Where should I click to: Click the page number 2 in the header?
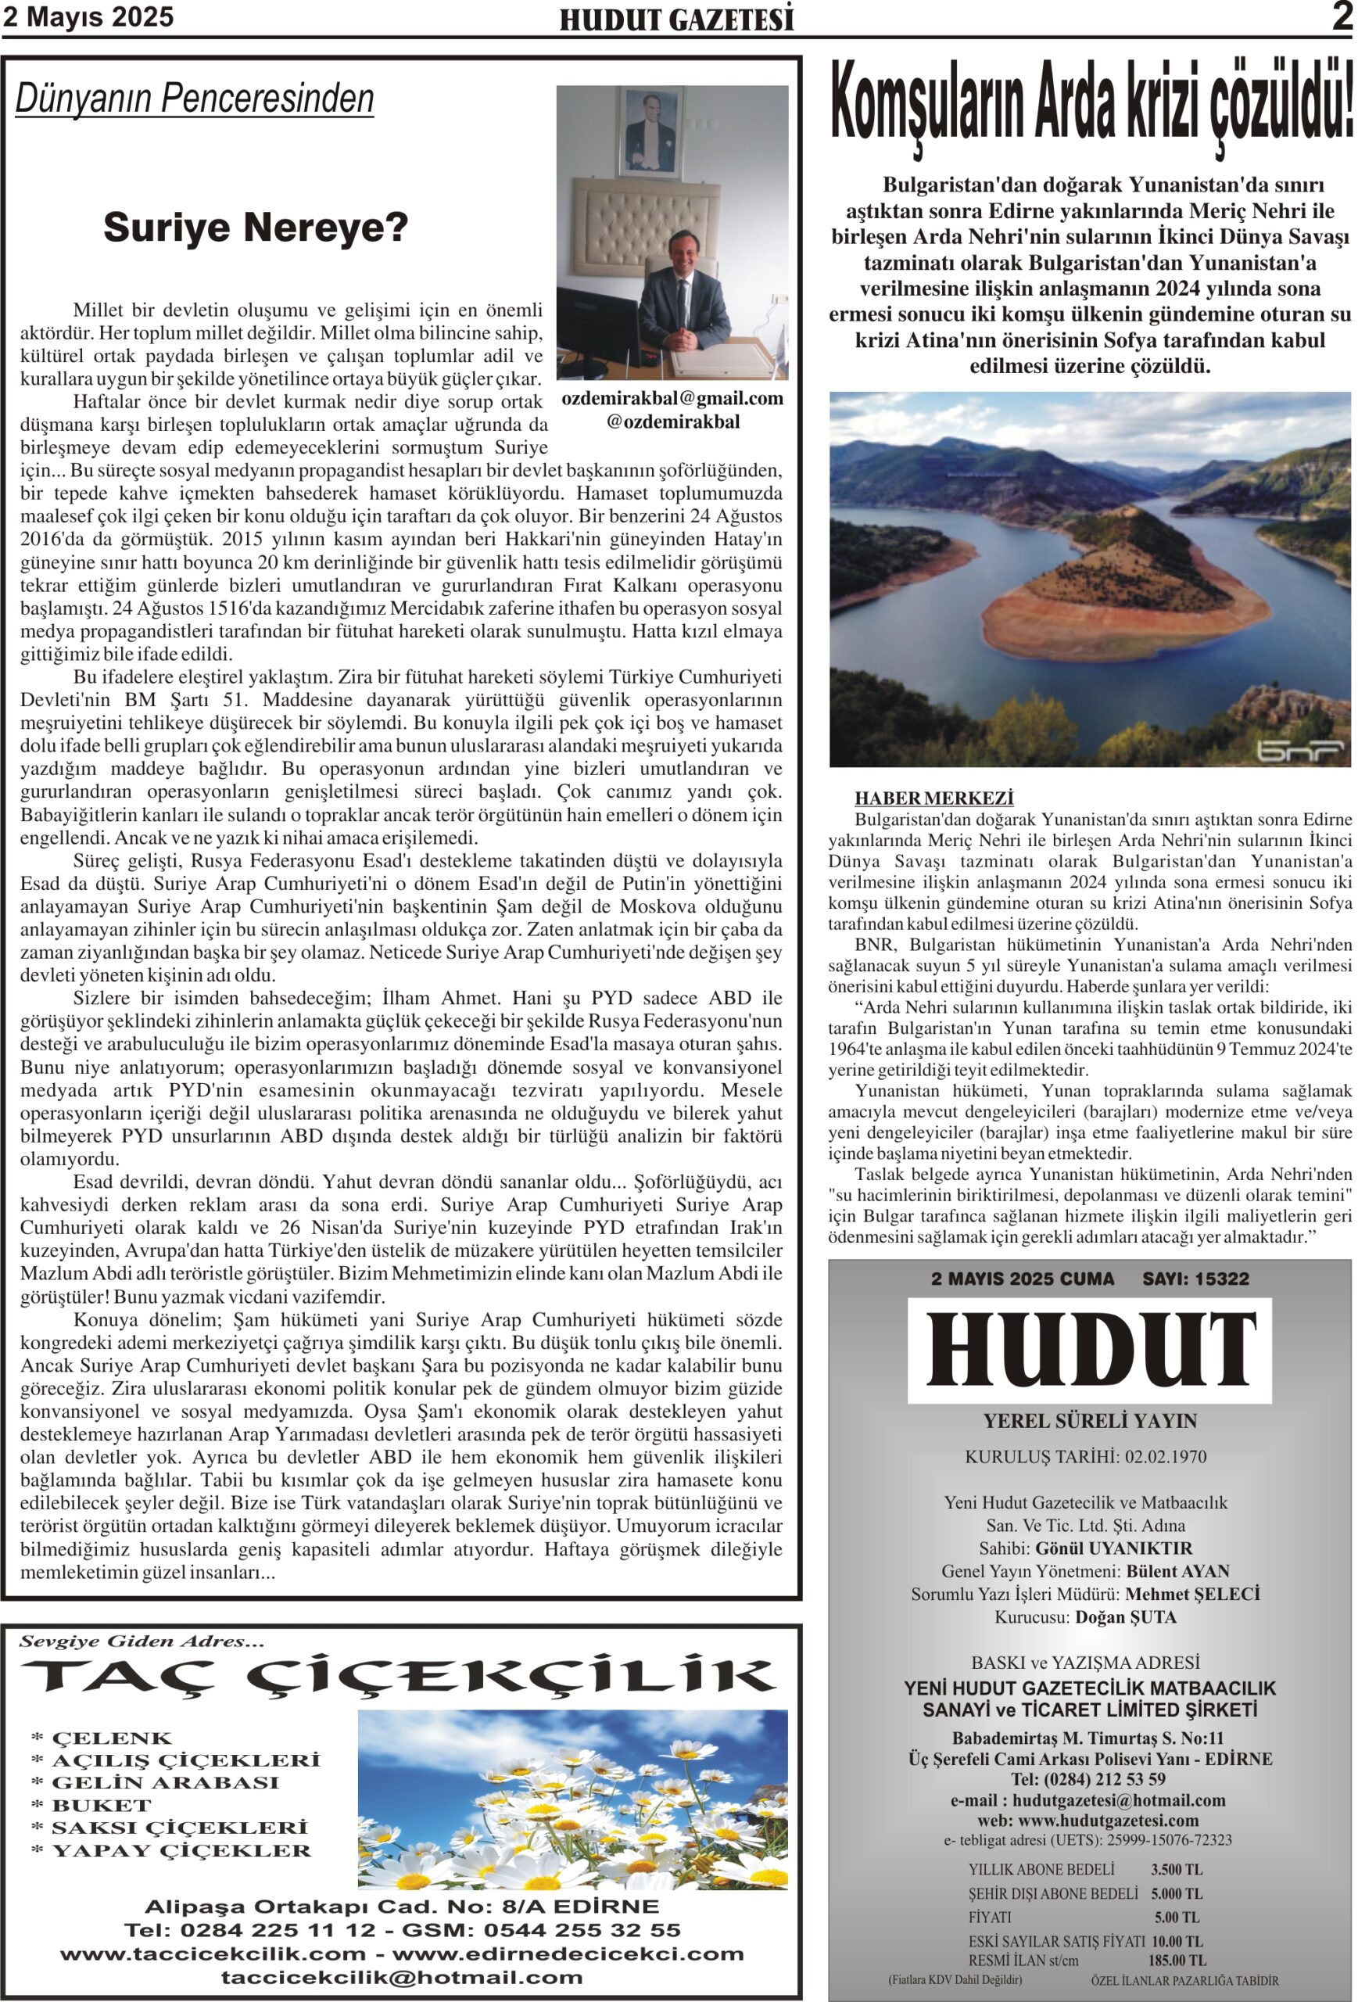point(1341,17)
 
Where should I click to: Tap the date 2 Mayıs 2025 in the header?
point(88,17)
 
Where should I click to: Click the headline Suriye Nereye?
point(255,228)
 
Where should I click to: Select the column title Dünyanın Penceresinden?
point(195,99)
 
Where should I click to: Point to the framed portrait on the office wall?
point(650,132)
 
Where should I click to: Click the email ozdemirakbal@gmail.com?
point(672,398)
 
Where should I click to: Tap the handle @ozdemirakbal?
point(672,422)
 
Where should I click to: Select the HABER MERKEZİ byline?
point(933,798)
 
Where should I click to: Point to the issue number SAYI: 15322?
point(1195,1279)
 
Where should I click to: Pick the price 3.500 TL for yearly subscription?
point(1177,1870)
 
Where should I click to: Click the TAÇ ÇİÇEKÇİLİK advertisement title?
point(398,1677)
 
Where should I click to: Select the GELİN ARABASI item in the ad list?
point(165,1782)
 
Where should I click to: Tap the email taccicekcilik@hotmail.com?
point(401,1977)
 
